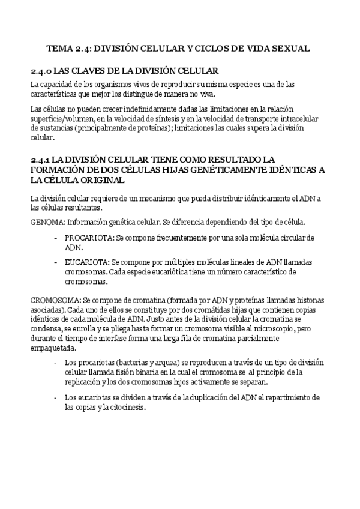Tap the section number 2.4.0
pyautogui.click(x=41, y=71)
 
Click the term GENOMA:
pyautogui.click(x=46, y=222)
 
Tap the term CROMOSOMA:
pyautogui.click(x=55, y=300)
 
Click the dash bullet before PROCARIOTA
pyautogui.click(x=56, y=238)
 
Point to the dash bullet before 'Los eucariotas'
pyautogui.click(x=56, y=397)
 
